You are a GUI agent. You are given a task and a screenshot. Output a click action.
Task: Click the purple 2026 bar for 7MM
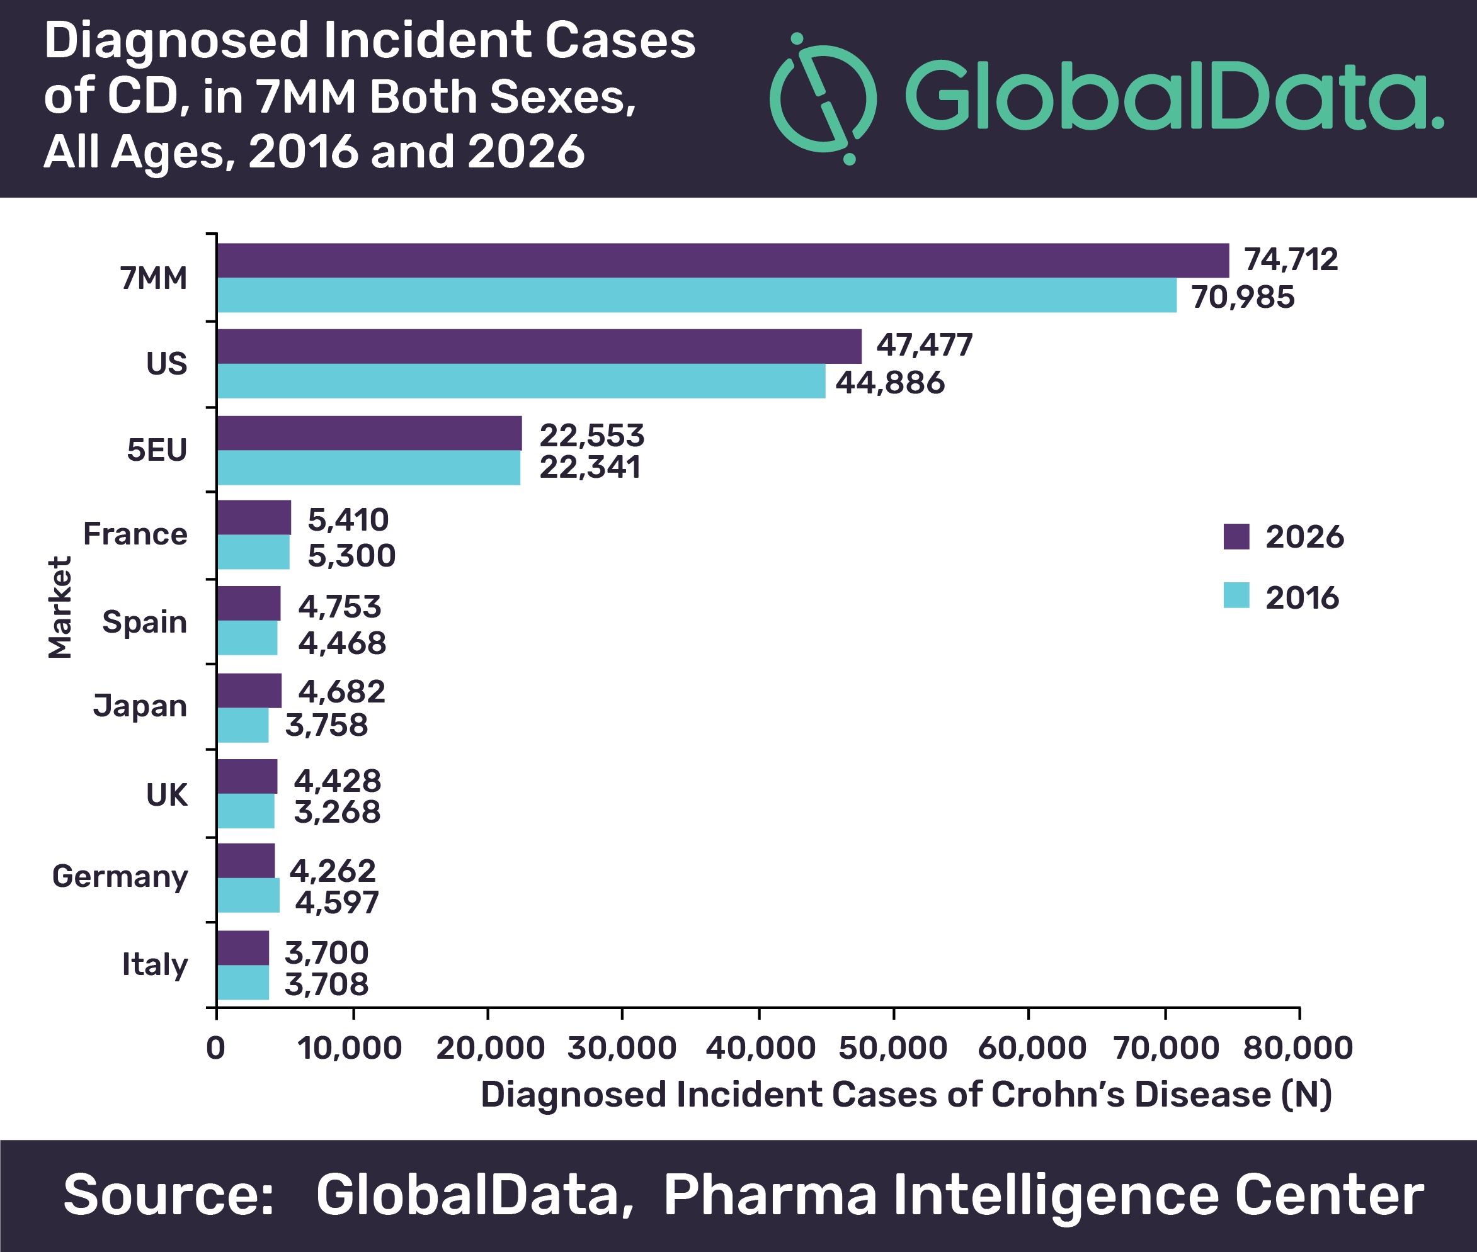(723, 261)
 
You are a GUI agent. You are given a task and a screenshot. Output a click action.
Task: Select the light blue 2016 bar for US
(522, 381)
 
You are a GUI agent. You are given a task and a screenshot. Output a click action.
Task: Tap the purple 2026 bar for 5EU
(369, 433)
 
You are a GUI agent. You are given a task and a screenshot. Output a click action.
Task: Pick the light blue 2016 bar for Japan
(243, 725)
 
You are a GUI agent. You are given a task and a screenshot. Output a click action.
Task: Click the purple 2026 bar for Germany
(246, 861)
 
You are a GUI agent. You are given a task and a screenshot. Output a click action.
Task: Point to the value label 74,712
(1290, 260)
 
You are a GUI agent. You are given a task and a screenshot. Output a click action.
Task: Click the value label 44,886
(890, 383)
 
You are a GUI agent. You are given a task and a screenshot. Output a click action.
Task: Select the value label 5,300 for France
(351, 556)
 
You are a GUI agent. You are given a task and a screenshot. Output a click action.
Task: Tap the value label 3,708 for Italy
(327, 984)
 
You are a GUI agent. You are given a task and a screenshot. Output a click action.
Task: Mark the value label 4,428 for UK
(338, 781)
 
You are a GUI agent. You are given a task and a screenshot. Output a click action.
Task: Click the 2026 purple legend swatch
(1236, 536)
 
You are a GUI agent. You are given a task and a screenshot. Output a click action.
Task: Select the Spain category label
(145, 623)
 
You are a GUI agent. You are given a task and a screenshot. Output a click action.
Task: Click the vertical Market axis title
(60, 607)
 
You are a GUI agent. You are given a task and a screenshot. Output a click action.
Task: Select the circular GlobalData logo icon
(823, 98)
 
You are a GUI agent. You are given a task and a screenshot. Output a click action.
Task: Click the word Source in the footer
(168, 1195)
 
